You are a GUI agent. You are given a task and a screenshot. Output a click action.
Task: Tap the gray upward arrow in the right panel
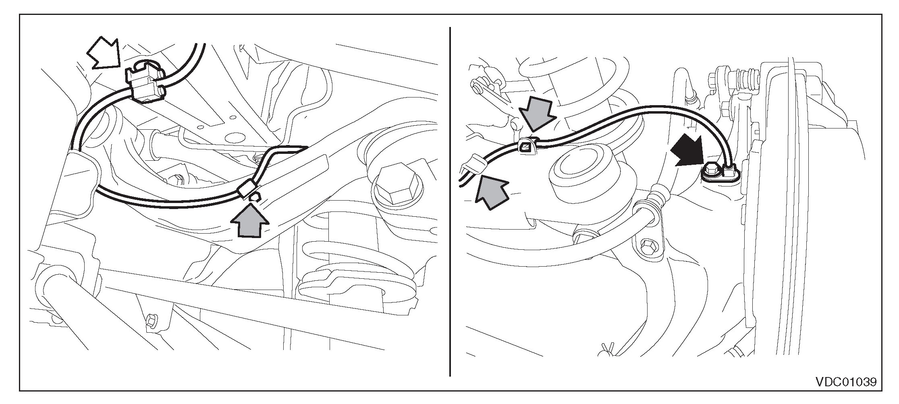click(490, 193)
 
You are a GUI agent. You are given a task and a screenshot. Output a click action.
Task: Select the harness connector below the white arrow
click(145, 85)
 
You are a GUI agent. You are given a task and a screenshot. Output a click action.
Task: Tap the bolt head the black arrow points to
click(710, 171)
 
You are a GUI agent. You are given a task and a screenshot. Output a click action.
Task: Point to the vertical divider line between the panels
click(450, 201)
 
